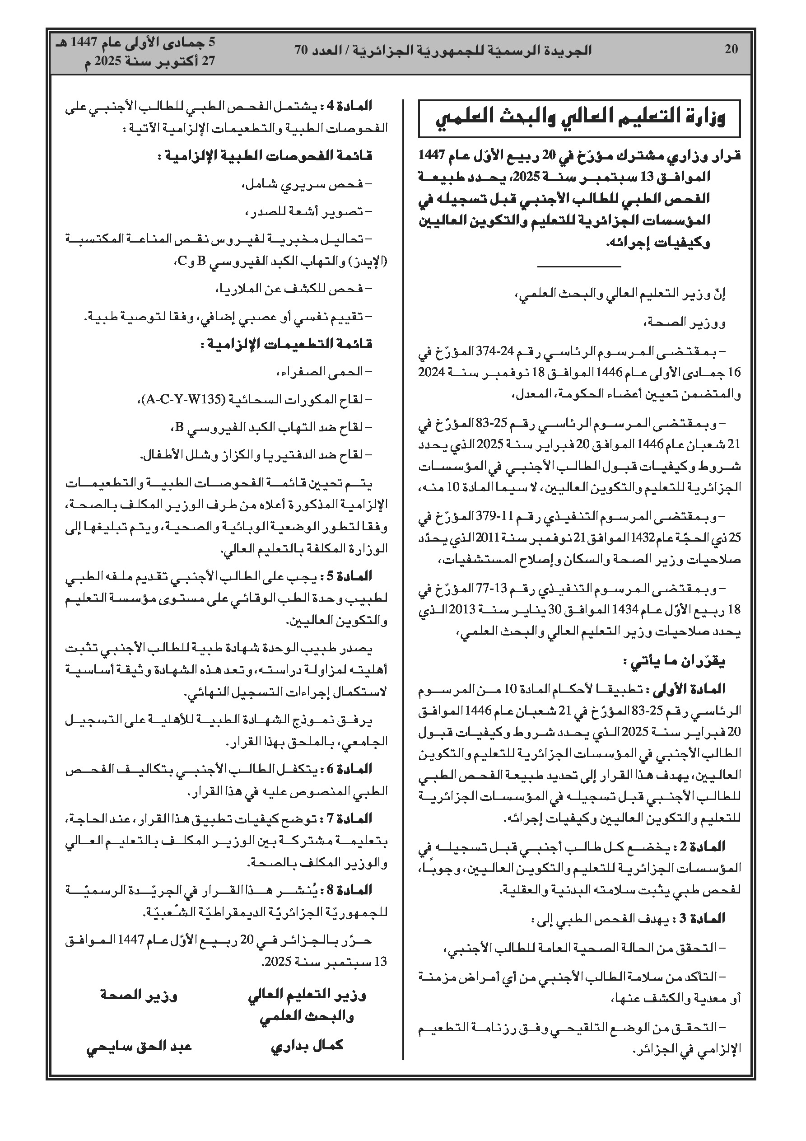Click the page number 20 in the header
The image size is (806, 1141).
[x=731, y=49]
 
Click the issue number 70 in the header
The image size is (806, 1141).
[x=302, y=50]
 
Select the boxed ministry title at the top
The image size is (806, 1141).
[x=579, y=119]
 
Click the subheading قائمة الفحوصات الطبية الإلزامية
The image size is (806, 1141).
[x=265, y=156]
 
